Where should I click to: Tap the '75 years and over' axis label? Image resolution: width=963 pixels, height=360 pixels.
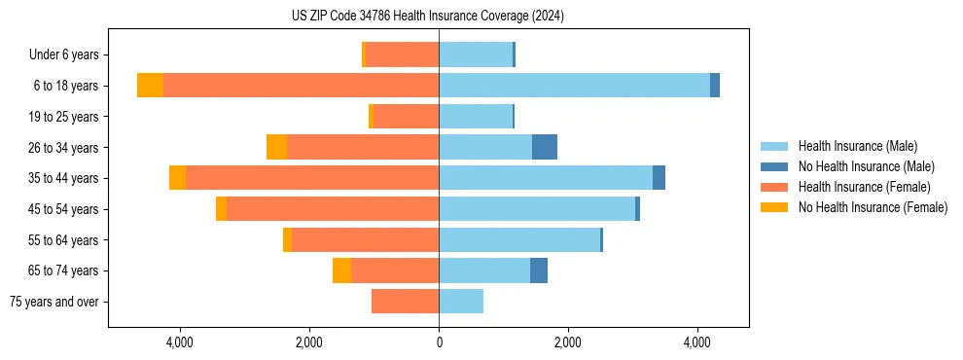pyautogui.click(x=54, y=302)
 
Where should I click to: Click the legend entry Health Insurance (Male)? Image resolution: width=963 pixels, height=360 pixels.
pyautogui.click(x=857, y=147)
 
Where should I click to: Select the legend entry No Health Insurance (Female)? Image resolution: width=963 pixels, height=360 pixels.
pyautogui.click(x=873, y=207)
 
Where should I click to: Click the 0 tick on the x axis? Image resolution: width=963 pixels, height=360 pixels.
pyautogui.click(x=439, y=342)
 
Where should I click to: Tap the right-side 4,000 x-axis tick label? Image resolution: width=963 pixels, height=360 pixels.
pyautogui.click(x=697, y=342)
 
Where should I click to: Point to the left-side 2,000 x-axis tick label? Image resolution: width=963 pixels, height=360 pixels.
pyautogui.click(x=309, y=342)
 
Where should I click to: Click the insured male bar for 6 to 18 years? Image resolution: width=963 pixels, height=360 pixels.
pyautogui.click(x=574, y=86)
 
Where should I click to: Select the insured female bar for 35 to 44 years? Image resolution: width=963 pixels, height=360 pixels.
pyautogui.click(x=312, y=178)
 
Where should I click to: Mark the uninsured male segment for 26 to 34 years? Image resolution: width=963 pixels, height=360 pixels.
pyautogui.click(x=545, y=147)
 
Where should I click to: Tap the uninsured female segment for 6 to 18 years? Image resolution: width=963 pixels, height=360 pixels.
pyautogui.click(x=150, y=86)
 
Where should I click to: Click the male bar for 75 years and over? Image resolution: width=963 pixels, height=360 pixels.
pyautogui.click(x=461, y=302)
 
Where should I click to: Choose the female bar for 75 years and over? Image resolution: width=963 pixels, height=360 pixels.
pyautogui.click(x=405, y=302)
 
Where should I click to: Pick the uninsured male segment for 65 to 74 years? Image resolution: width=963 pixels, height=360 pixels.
pyautogui.click(x=539, y=270)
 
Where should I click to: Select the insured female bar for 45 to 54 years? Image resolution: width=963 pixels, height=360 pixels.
pyautogui.click(x=333, y=209)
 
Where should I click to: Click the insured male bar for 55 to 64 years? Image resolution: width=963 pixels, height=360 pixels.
pyautogui.click(x=519, y=239)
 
